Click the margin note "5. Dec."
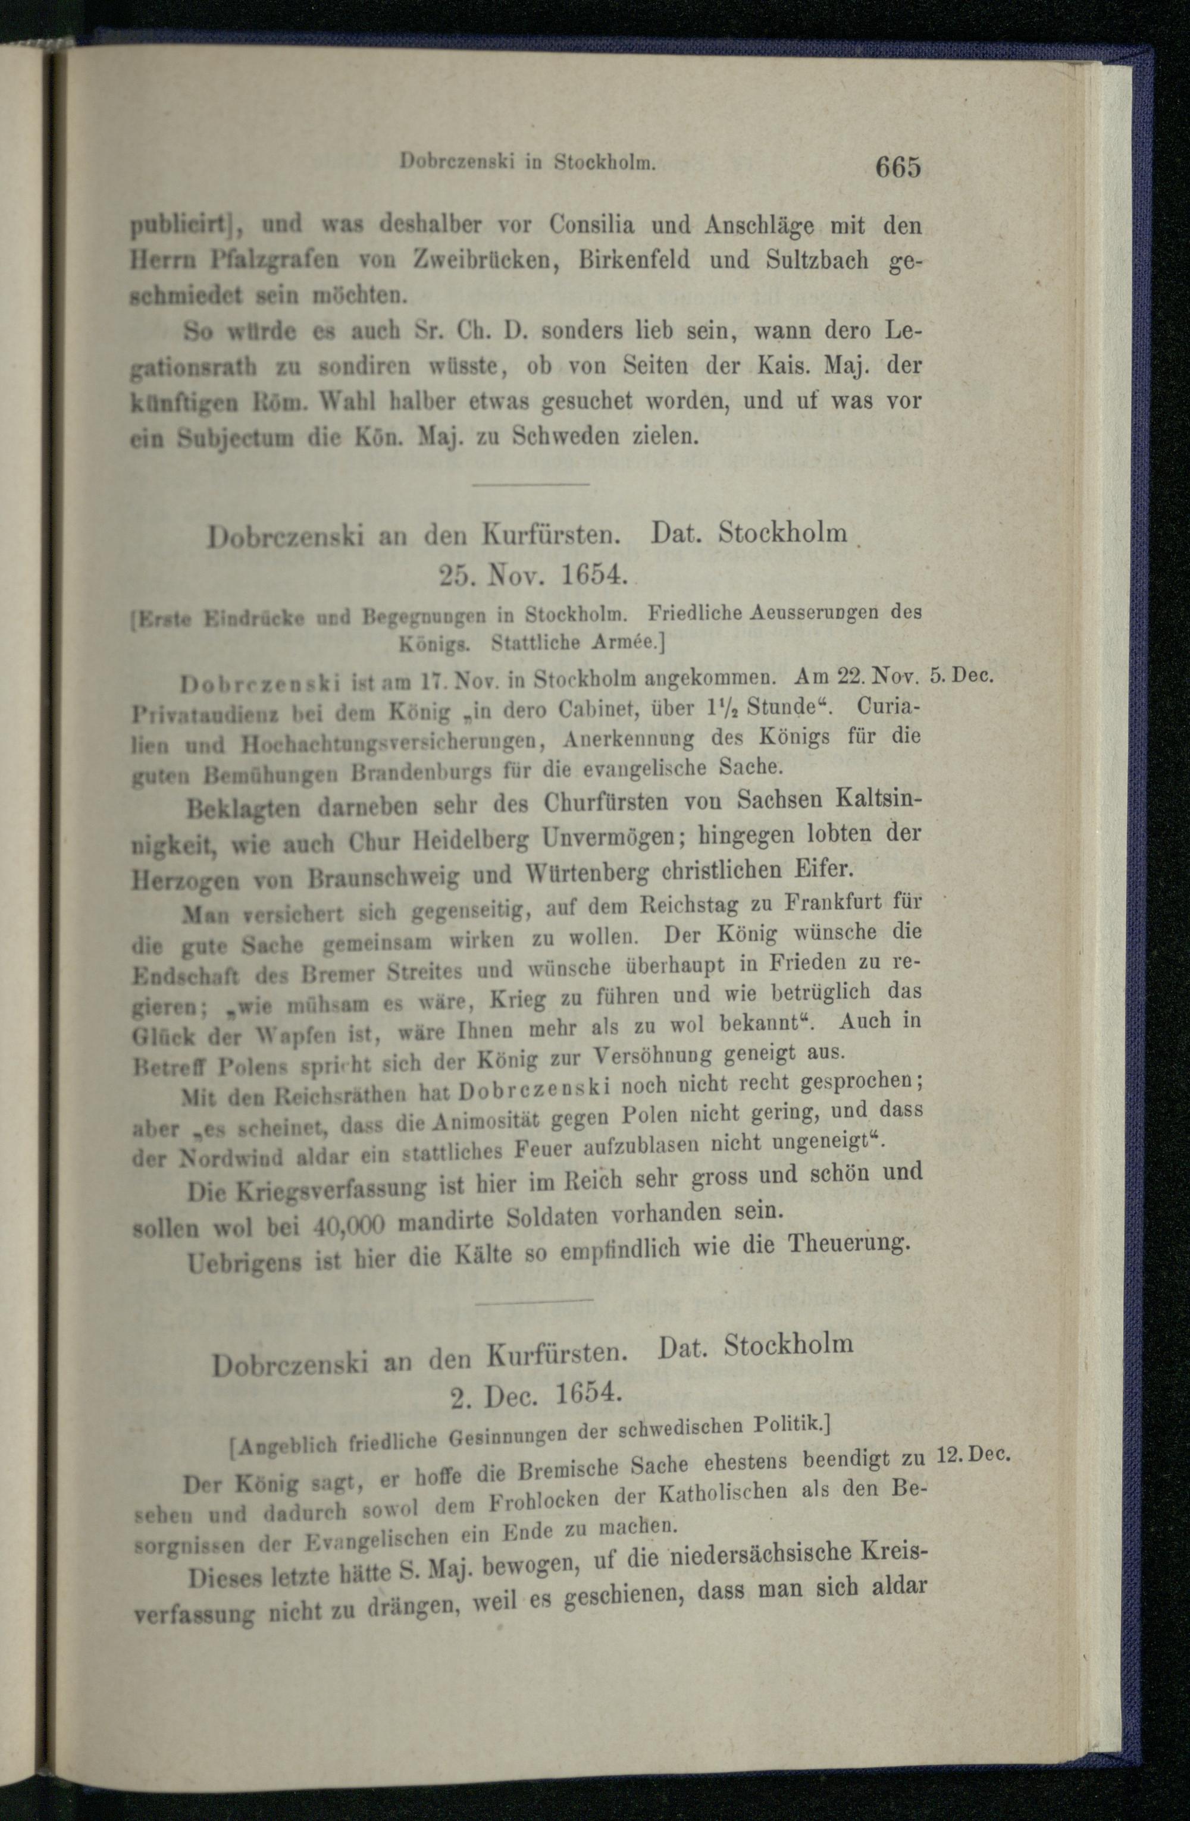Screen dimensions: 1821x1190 click(960, 676)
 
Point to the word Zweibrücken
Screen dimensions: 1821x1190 click(478, 259)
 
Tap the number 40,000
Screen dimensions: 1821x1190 click(348, 1226)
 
